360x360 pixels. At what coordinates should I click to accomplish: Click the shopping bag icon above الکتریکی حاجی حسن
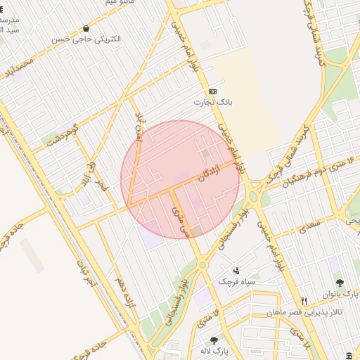coord(86,29)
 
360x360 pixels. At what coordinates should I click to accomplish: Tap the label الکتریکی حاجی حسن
coord(86,39)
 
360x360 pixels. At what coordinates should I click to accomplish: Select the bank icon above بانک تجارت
coord(212,92)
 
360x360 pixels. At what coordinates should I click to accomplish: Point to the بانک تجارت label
coord(212,103)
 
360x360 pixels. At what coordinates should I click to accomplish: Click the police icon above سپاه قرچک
coord(236,271)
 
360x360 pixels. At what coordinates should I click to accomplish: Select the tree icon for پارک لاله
coord(213,340)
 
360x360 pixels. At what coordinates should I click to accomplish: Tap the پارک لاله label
coord(213,350)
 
